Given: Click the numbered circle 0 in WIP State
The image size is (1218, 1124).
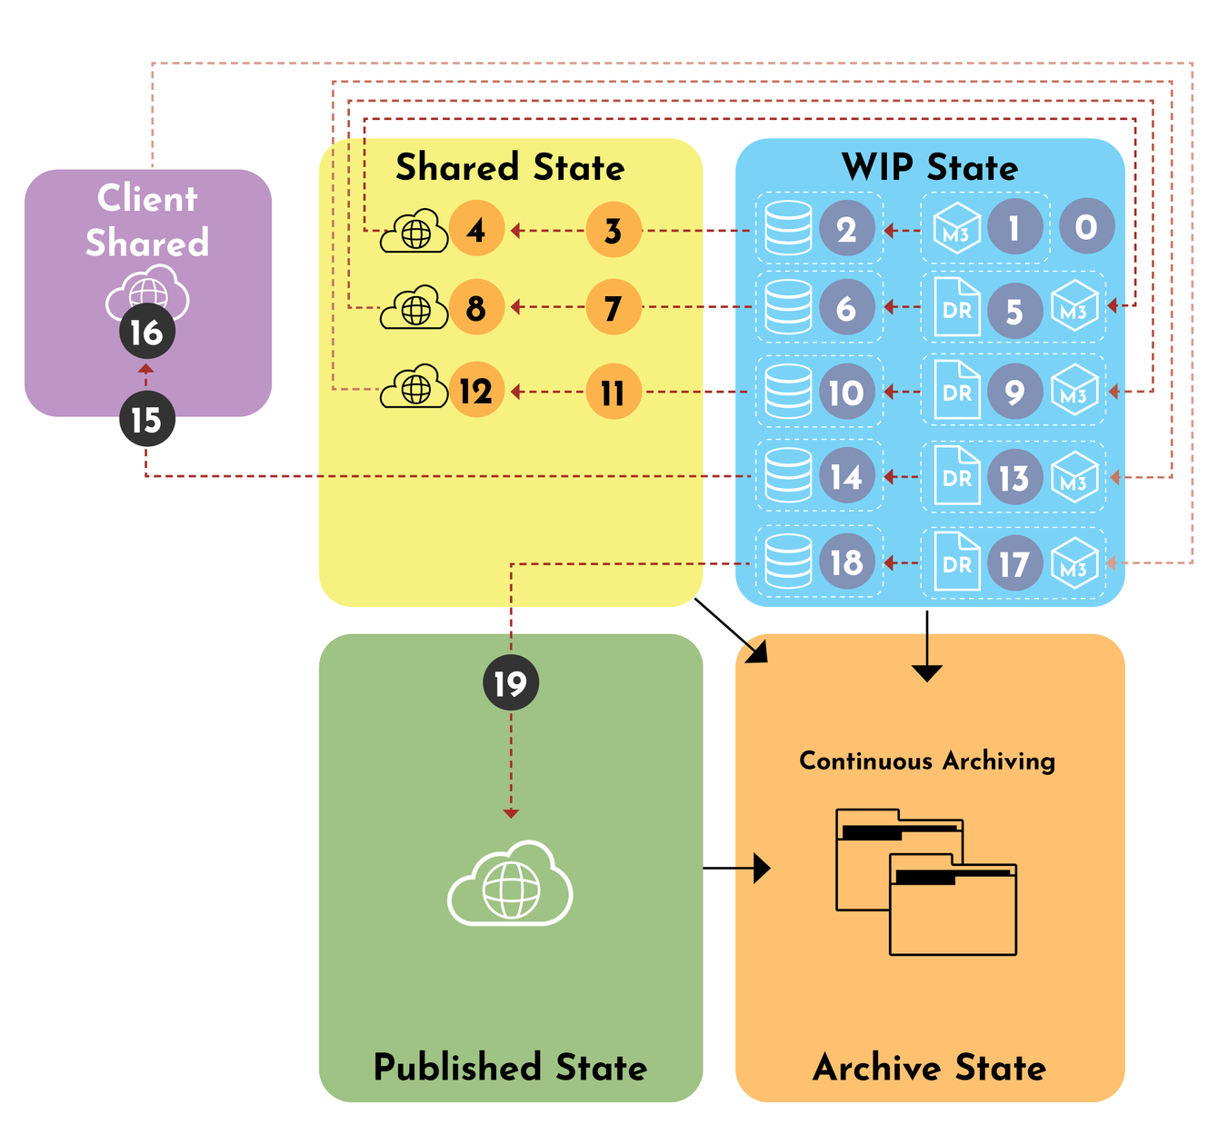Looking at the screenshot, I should pyautogui.click(x=1086, y=226).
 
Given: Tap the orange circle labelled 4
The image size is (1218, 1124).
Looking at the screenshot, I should pyautogui.click(x=476, y=230).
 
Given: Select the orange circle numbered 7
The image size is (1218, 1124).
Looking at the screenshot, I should pyautogui.click(x=614, y=307).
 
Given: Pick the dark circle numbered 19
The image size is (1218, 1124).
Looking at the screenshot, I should pyautogui.click(x=511, y=683).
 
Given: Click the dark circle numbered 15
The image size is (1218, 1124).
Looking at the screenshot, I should pyautogui.click(x=146, y=420).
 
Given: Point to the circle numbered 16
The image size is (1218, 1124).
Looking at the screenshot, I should pyautogui.click(x=146, y=333).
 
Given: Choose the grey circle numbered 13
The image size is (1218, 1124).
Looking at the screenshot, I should pyautogui.click(x=1014, y=477).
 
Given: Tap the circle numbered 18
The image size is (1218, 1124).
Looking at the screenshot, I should pyautogui.click(x=846, y=562).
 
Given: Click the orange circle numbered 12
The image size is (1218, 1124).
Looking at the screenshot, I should pyautogui.click(x=476, y=391).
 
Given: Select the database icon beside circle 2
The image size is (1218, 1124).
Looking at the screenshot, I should pyautogui.click(x=788, y=228).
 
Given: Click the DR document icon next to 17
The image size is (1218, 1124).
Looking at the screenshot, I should pyautogui.click(x=957, y=562).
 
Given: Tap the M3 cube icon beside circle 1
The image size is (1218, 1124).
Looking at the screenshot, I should pyautogui.click(x=956, y=227).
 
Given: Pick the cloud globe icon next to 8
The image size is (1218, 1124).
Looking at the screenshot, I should pyautogui.click(x=414, y=308).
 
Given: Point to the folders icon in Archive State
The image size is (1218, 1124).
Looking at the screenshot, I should pyautogui.click(x=925, y=880).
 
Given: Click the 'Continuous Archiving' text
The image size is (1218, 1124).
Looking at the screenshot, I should pyautogui.click(x=927, y=761).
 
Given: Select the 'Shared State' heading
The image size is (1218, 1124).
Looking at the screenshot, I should pyautogui.click(x=510, y=167).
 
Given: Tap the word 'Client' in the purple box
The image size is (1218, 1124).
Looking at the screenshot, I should pyautogui.click(x=147, y=198).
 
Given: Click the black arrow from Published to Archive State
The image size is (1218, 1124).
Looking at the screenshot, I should pyautogui.click(x=736, y=868).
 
